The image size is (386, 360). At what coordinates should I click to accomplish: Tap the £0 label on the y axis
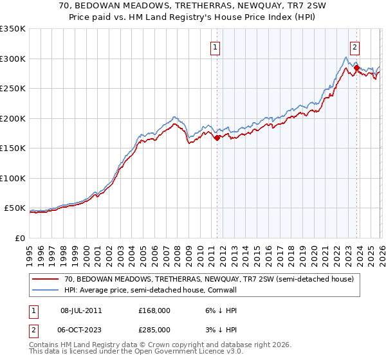[20, 238]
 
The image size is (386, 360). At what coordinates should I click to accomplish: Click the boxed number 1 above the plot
[214, 46]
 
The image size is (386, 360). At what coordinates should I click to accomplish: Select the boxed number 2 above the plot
[354, 46]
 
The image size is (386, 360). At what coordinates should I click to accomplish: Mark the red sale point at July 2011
[217, 137]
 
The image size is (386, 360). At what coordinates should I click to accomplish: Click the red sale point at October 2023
[356, 67]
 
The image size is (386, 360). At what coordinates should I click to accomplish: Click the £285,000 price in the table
[154, 330]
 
